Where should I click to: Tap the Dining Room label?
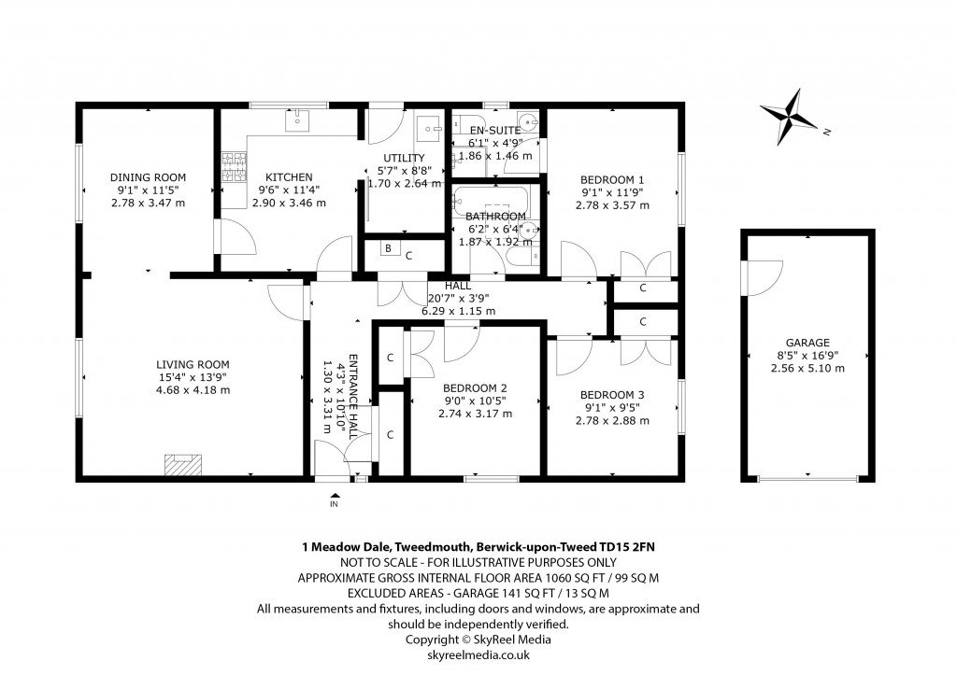148,177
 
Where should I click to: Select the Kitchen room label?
289,177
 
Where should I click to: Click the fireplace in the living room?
183,465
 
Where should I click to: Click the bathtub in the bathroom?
492,201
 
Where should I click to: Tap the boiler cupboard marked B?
387,248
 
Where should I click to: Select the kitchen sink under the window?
297,120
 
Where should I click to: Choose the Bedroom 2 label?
475,388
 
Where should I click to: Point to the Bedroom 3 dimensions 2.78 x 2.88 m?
612,421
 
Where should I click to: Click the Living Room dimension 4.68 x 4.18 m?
193,390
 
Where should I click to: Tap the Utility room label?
404,158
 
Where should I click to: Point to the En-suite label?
493,131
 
